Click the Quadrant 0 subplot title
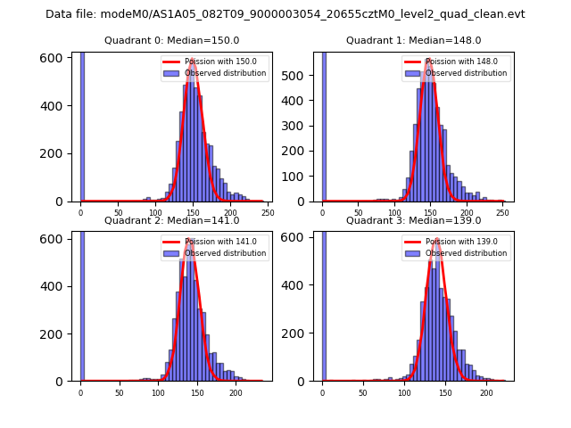tap(171, 40)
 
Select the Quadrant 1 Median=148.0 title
tap(413, 40)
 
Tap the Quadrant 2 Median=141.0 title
tap(171, 220)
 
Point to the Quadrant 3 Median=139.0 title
tap(413, 220)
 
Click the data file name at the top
tap(285, 14)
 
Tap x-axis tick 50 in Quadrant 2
tap(119, 392)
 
